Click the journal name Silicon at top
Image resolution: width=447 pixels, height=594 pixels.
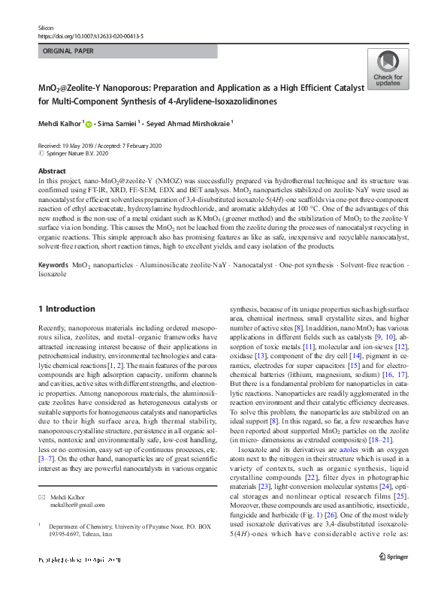(x=47, y=26)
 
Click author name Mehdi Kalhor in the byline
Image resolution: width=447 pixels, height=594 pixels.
(x=59, y=124)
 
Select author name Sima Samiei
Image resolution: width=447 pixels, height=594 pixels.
(x=119, y=124)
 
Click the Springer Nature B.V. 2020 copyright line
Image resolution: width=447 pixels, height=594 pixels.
(x=77, y=153)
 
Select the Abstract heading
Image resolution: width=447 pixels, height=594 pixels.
(x=52, y=171)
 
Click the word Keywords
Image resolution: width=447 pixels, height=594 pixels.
(x=53, y=246)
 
